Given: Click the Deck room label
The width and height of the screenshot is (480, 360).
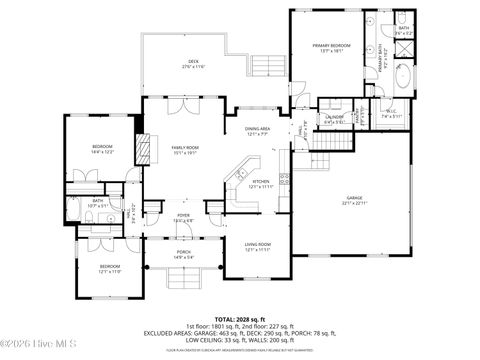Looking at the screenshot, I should coord(195,64).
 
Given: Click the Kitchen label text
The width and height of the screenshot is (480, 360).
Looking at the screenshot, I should coord(259,184).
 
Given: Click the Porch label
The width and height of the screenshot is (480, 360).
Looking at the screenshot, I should coord(183,253).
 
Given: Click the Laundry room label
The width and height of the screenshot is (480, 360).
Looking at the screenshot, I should coord(334,119).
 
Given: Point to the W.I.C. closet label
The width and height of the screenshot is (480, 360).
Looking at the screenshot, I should coord(392,114).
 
